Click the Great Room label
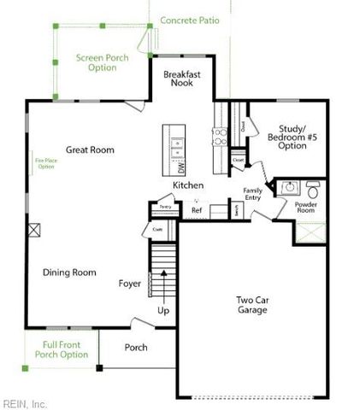[x=90, y=150]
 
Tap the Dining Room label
[x=70, y=272]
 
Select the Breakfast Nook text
[x=182, y=79]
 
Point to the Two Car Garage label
[x=252, y=305]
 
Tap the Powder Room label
[x=306, y=210]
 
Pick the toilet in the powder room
[x=312, y=186]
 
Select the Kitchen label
[x=188, y=185]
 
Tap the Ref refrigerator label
[x=197, y=210]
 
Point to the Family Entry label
[x=252, y=194]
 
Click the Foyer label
[x=130, y=283]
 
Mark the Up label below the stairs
[x=163, y=311]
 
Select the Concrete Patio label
[x=189, y=18]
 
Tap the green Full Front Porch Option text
[x=61, y=349]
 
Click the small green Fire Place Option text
[x=45, y=163]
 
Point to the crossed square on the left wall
[x=34, y=229]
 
